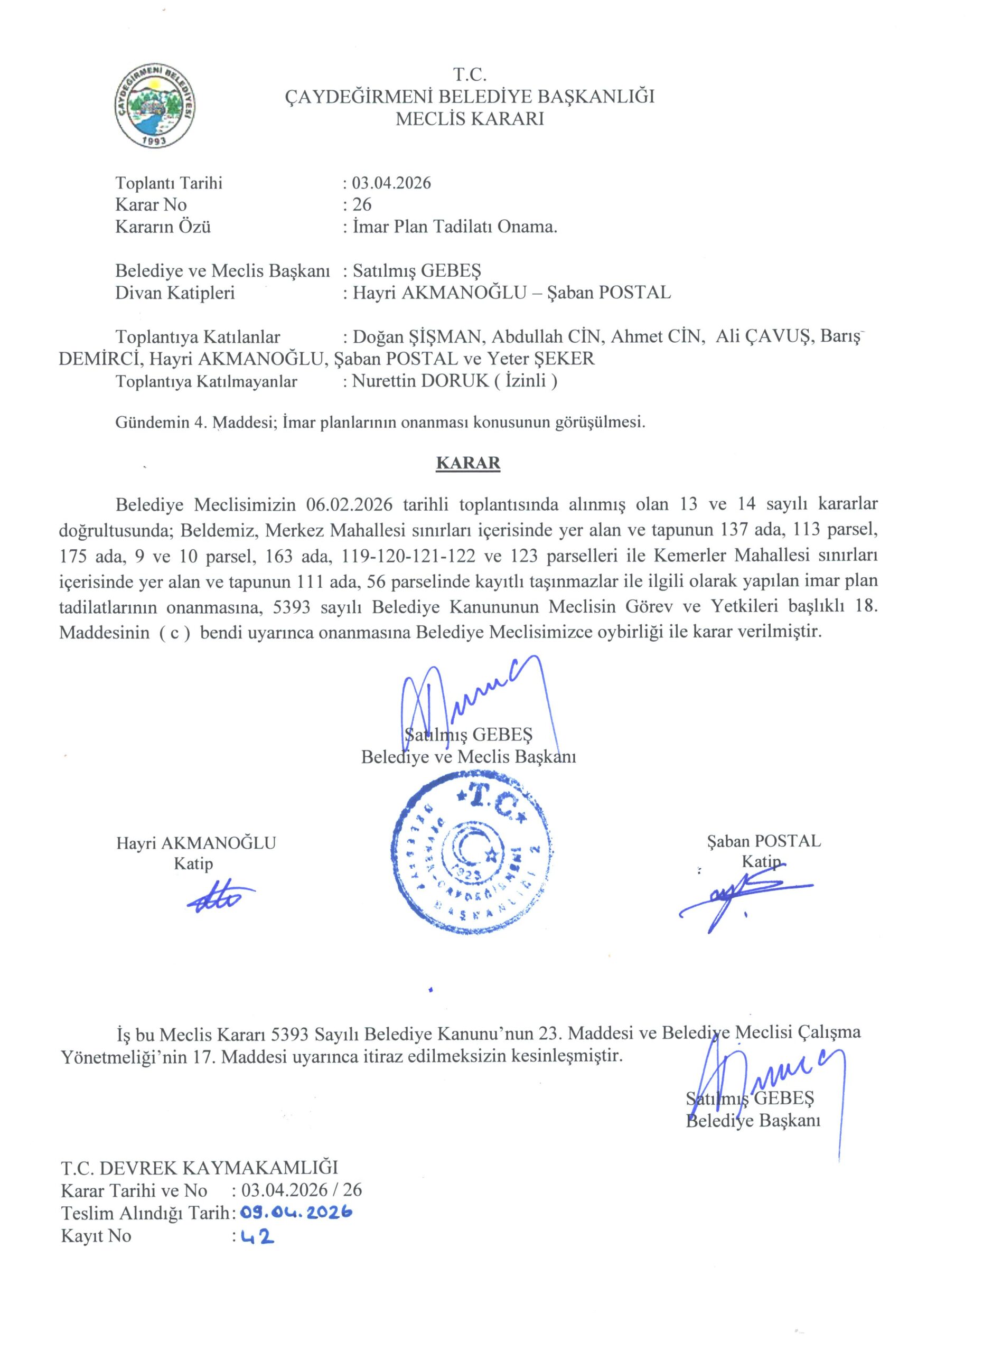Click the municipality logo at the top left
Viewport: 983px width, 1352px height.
(x=156, y=107)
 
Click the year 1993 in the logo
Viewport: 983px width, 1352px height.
(x=156, y=140)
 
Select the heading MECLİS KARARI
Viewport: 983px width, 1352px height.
(x=470, y=119)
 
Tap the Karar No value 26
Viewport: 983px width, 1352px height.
(x=362, y=205)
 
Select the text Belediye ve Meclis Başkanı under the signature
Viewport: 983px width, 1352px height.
(x=468, y=757)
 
